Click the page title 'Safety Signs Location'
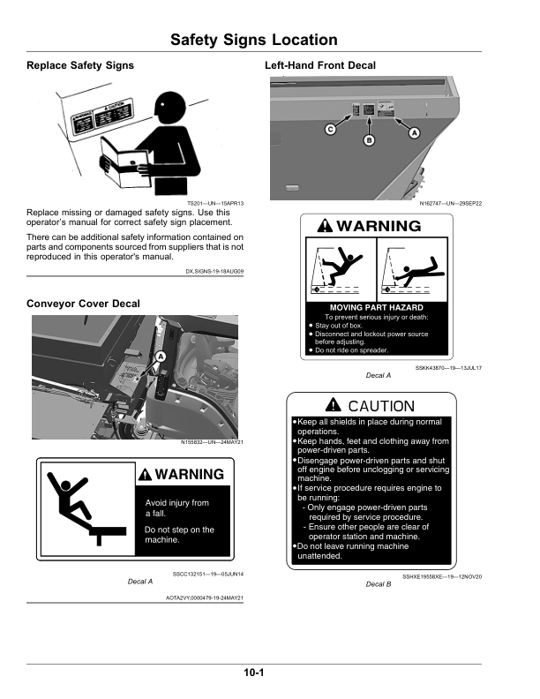[253, 40]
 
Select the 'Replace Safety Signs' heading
[80, 66]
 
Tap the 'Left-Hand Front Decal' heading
[319, 66]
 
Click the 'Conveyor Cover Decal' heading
[83, 304]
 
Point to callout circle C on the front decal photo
[330, 130]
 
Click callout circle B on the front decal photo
[370, 140]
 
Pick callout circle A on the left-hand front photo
[414, 132]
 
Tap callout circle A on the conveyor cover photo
[161, 357]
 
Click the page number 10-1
[256, 673]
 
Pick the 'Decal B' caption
[378, 584]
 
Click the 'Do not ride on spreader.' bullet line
[351, 350]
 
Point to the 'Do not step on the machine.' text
[179, 535]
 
